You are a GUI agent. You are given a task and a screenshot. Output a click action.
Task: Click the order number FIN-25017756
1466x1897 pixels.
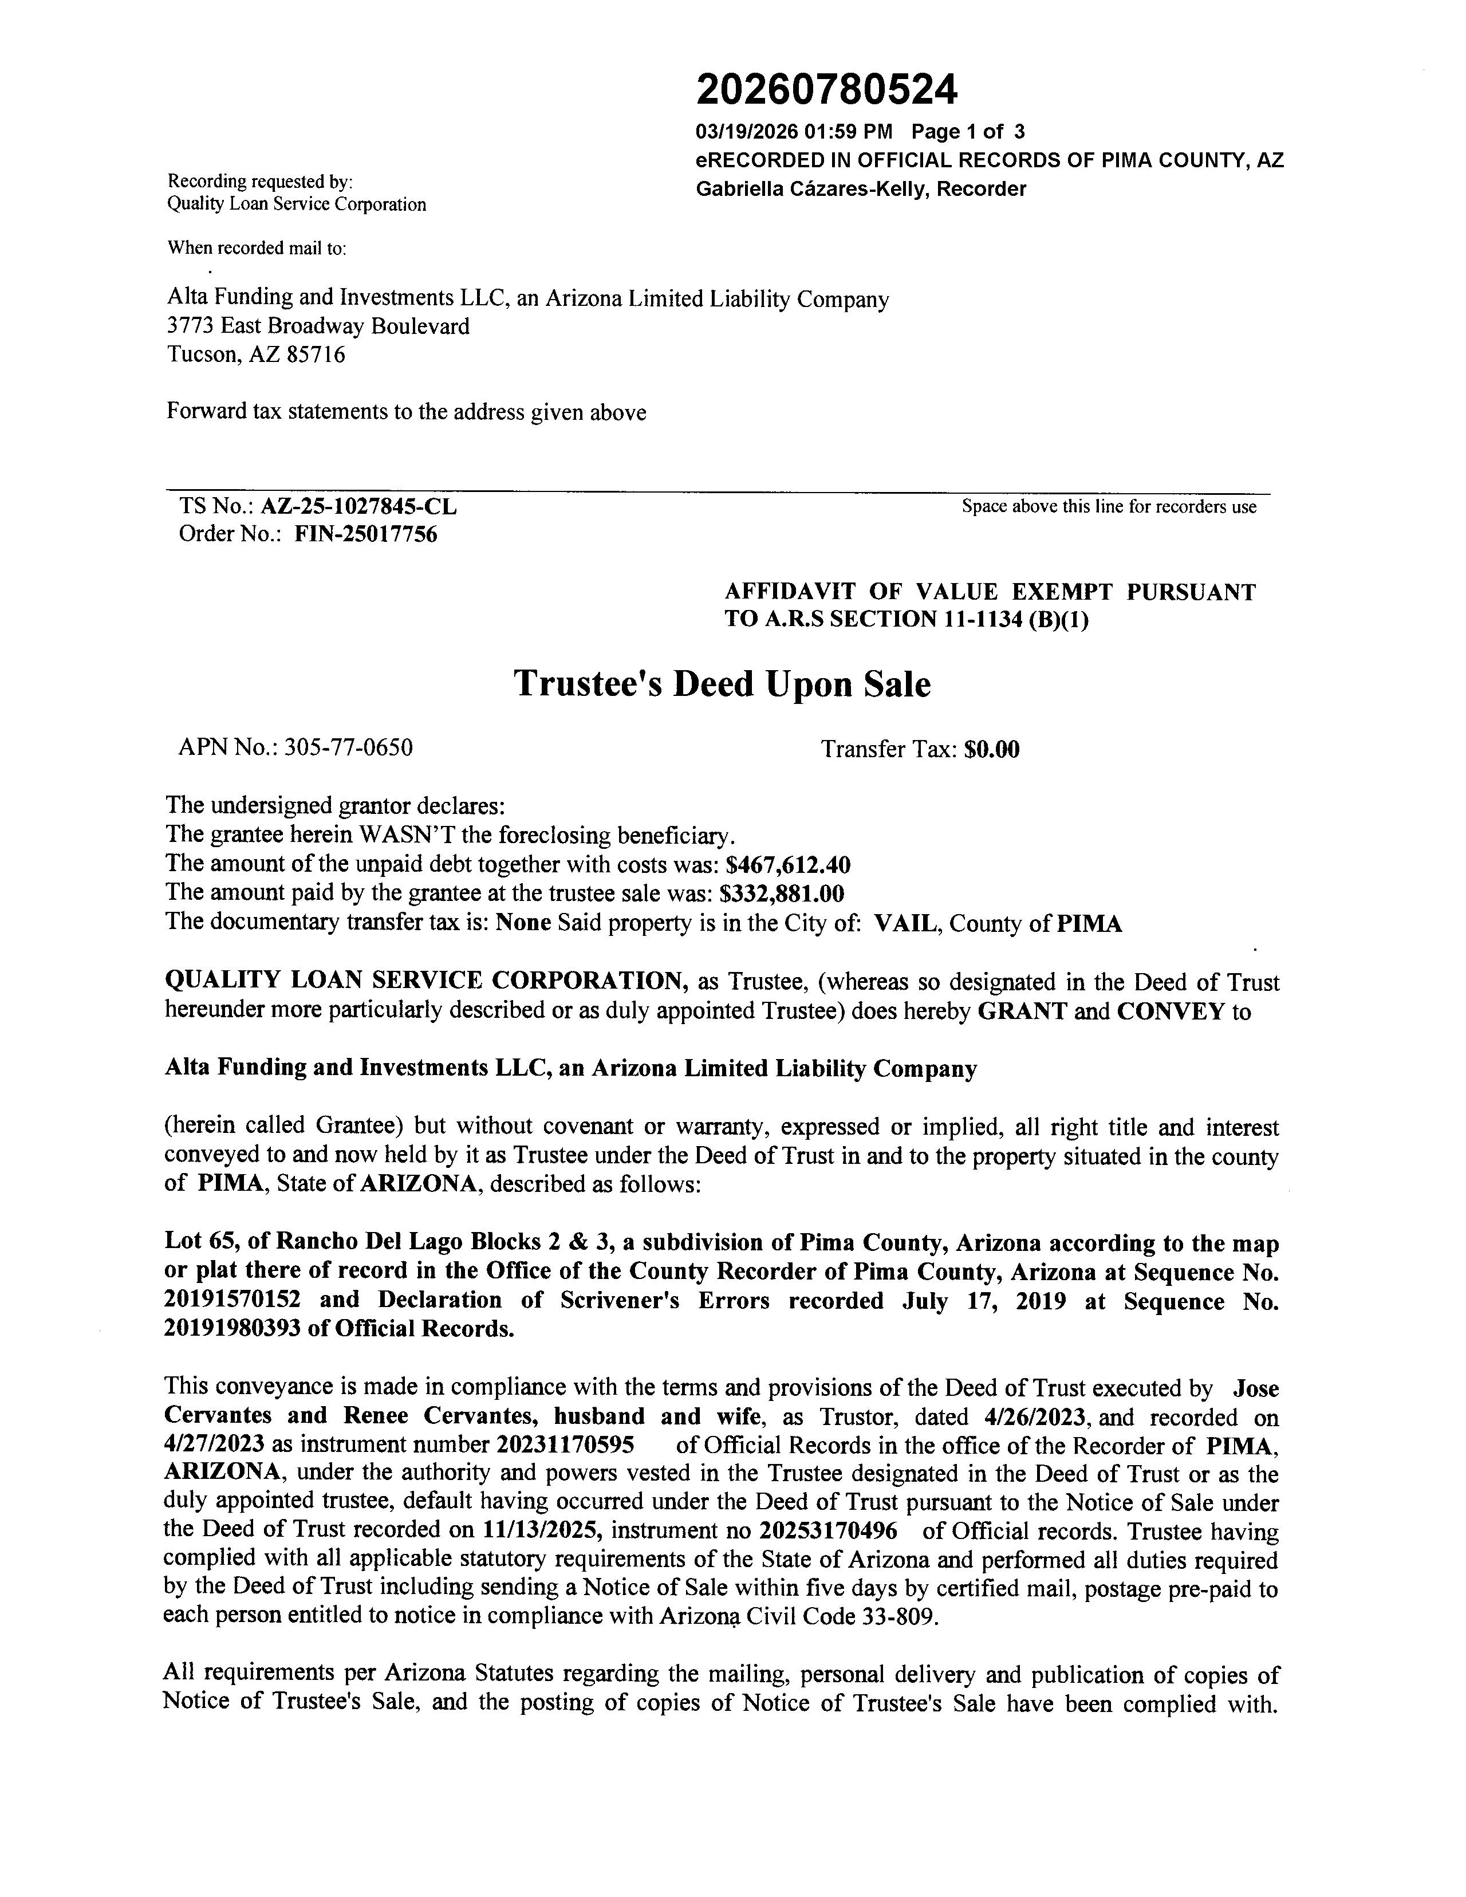click(365, 534)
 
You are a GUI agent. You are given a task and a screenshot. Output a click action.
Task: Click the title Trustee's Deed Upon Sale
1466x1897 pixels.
click(722, 684)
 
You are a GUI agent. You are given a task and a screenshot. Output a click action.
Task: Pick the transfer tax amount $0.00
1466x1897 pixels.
click(992, 750)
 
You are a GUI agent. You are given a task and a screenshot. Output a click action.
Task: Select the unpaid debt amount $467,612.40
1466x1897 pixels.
click(788, 865)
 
